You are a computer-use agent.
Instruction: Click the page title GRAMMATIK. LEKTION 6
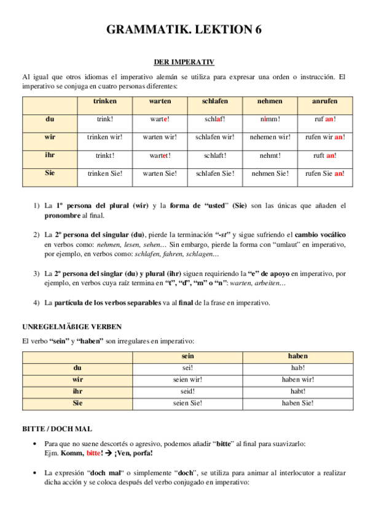point(184,30)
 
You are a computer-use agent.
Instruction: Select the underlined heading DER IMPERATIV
point(184,62)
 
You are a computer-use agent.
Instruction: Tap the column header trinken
point(104,101)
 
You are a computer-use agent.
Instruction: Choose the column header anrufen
point(325,101)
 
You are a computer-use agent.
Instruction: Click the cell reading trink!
point(104,119)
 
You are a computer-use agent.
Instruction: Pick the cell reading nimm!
point(270,119)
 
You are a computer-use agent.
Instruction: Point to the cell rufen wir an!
point(325,137)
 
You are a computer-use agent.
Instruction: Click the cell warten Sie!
point(160,173)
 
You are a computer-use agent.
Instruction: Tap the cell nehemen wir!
point(270,137)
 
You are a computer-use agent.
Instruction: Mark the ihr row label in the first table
point(50,155)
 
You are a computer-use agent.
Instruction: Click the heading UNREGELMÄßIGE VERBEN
point(71,326)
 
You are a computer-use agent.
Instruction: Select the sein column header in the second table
point(188,356)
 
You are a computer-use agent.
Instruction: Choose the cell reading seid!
point(188,391)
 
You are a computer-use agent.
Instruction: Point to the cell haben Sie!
point(298,403)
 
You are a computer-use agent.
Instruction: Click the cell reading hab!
point(298,368)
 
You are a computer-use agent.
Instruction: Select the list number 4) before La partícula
point(37,302)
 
